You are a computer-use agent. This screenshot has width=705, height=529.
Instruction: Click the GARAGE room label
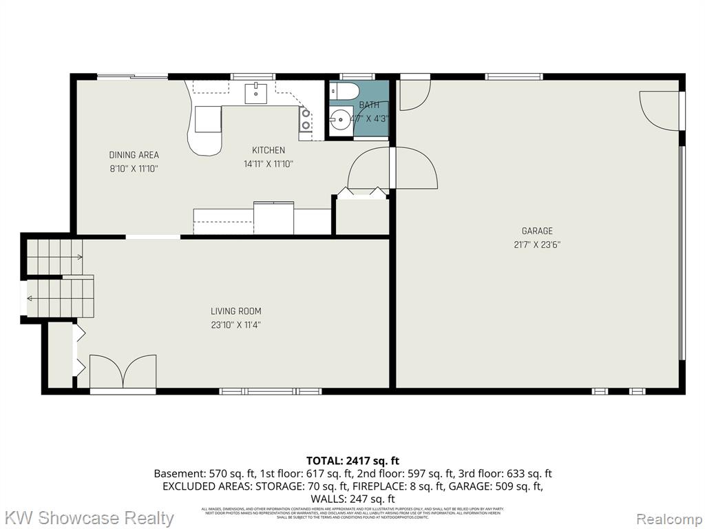[x=536, y=231]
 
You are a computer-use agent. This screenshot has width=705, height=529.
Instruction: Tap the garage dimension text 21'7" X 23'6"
[x=536, y=245]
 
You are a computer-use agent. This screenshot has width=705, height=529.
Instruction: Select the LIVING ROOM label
[x=236, y=311]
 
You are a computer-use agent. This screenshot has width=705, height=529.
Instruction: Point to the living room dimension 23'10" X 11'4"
[x=236, y=324]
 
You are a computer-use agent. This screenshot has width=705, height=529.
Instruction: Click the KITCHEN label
[x=268, y=150]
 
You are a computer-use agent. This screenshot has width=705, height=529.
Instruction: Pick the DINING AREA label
[x=134, y=155]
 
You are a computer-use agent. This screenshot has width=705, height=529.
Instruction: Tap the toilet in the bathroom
[x=344, y=92]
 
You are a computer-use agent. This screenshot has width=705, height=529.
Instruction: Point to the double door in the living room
[x=123, y=372]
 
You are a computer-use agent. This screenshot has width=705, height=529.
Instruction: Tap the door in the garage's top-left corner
[x=414, y=96]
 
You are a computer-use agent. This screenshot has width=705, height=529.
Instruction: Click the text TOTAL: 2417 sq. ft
[x=352, y=460]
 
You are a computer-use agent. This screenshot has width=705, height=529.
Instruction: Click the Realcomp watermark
[x=668, y=518]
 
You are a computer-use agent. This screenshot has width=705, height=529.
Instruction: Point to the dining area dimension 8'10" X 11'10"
[x=134, y=168]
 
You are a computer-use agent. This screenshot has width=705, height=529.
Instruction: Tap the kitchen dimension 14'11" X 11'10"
[x=268, y=164]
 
